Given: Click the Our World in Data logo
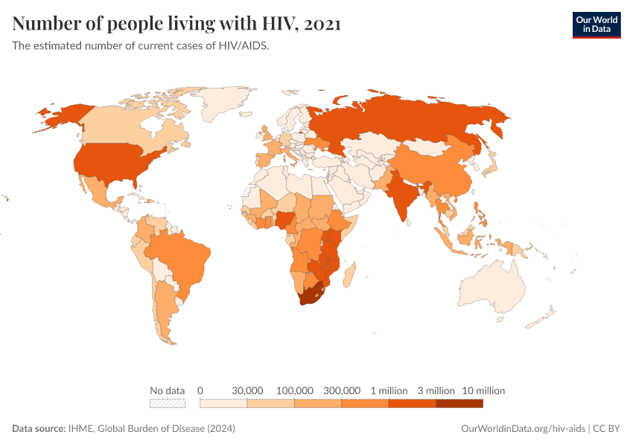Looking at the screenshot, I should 596,25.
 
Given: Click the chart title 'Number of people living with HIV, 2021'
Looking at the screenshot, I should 176,24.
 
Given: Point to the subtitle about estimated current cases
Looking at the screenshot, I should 140,45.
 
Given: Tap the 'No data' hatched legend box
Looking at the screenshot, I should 167,404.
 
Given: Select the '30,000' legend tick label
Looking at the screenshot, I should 248,390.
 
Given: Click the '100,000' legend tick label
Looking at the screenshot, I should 295,390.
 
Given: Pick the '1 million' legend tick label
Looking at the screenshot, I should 388,390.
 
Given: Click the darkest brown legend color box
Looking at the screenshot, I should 459,404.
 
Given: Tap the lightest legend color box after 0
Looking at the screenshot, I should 224,404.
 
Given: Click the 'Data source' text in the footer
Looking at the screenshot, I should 39,429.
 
